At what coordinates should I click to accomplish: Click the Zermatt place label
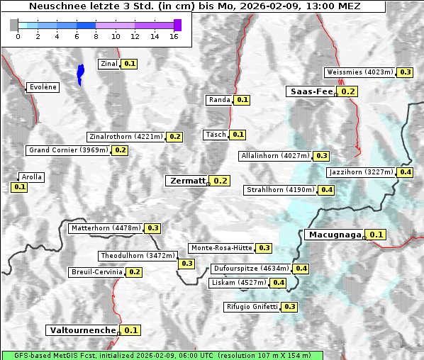pos(186,181)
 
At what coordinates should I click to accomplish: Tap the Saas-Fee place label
pos(311,91)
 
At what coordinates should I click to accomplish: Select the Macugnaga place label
pos(334,235)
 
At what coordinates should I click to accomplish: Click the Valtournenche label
pos(82,330)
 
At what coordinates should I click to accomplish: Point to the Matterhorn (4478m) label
pos(105,228)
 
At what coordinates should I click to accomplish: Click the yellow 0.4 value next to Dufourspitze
pos(301,269)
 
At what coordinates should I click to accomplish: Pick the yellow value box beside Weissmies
pos(406,72)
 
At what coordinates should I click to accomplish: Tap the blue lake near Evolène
pos(80,73)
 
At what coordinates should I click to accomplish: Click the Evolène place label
pos(42,87)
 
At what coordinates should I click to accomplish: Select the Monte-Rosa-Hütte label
pos(221,248)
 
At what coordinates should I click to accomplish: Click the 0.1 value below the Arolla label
pos(19,187)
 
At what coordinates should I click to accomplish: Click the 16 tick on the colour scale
pos(174,35)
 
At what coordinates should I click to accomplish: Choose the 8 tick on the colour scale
pos(96,35)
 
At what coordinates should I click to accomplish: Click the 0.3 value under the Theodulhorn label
pos(186,264)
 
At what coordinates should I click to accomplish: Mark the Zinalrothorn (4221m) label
pos(126,137)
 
